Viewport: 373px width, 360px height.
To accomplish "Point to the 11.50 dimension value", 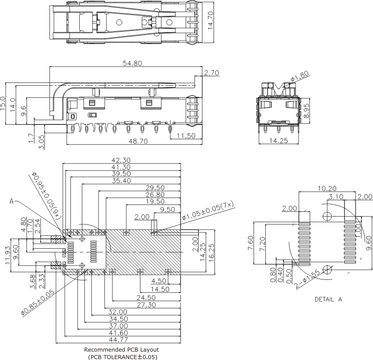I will point(186,136).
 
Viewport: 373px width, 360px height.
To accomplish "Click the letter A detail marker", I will point(13,202).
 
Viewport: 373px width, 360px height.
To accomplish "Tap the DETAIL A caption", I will point(328,299).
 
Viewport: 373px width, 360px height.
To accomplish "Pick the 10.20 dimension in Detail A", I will point(327,189).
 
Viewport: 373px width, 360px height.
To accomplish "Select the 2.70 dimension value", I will point(212,73).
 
